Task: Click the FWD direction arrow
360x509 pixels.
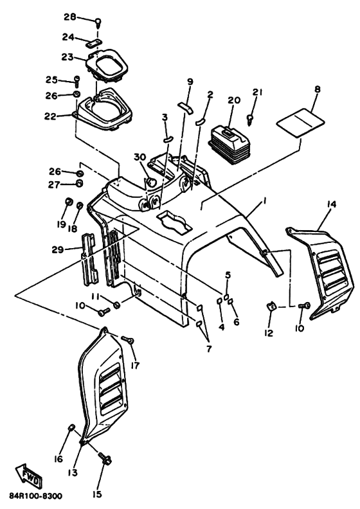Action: (x=29, y=474)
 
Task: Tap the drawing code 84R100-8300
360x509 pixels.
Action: (x=36, y=496)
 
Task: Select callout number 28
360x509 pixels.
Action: (x=69, y=17)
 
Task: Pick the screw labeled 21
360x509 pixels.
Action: (x=251, y=119)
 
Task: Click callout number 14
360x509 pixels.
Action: (x=332, y=204)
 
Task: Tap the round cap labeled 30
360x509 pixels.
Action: (x=150, y=182)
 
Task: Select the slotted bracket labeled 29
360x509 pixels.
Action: (x=88, y=260)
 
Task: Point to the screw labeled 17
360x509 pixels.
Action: (x=127, y=339)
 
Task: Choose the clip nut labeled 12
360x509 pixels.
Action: (x=271, y=306)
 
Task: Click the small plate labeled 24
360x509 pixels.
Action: (x=93, y=43)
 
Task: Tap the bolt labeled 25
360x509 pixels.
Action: (x=77, y=81)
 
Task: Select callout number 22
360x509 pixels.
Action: (x=51, y=116)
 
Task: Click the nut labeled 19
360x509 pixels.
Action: (x=68, y=201)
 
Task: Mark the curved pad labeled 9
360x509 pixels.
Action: (x=185, y=107)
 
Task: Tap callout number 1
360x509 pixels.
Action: (x=264, y=202)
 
